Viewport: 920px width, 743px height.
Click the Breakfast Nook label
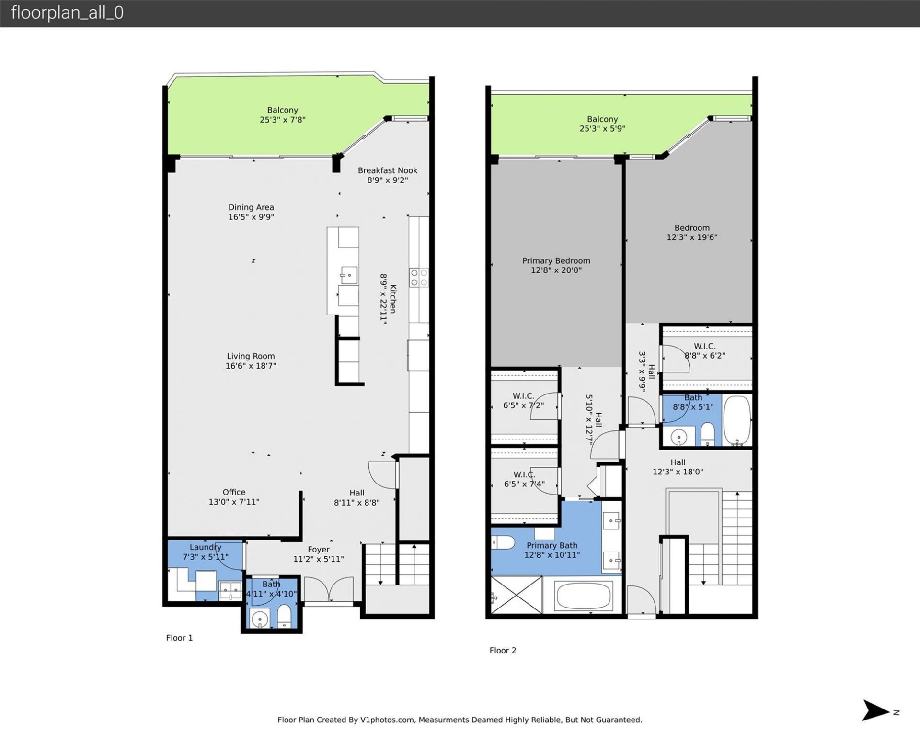pos(387,170)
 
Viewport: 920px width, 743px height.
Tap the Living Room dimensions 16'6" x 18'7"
pos(251,366)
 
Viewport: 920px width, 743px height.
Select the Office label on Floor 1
pos(234,492)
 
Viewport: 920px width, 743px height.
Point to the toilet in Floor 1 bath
pos(284,616)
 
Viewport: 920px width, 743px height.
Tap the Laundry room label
pos(205,547)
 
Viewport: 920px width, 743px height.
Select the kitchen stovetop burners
pos(418,278)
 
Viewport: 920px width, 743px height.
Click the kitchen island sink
pos(349,275)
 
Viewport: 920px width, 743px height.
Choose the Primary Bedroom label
pos(556,261)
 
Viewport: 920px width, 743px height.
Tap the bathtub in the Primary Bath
pos(583,596)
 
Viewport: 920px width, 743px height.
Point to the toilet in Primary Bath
pos(503,543)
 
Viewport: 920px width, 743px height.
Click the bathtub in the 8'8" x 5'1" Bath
pos(736,420)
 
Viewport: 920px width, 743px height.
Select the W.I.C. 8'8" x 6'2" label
pos(704,346)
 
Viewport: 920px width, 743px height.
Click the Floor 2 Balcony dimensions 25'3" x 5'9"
pos(602,129)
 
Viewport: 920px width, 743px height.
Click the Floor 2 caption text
pos(503,650)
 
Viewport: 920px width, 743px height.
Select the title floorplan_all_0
pos(67,13)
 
